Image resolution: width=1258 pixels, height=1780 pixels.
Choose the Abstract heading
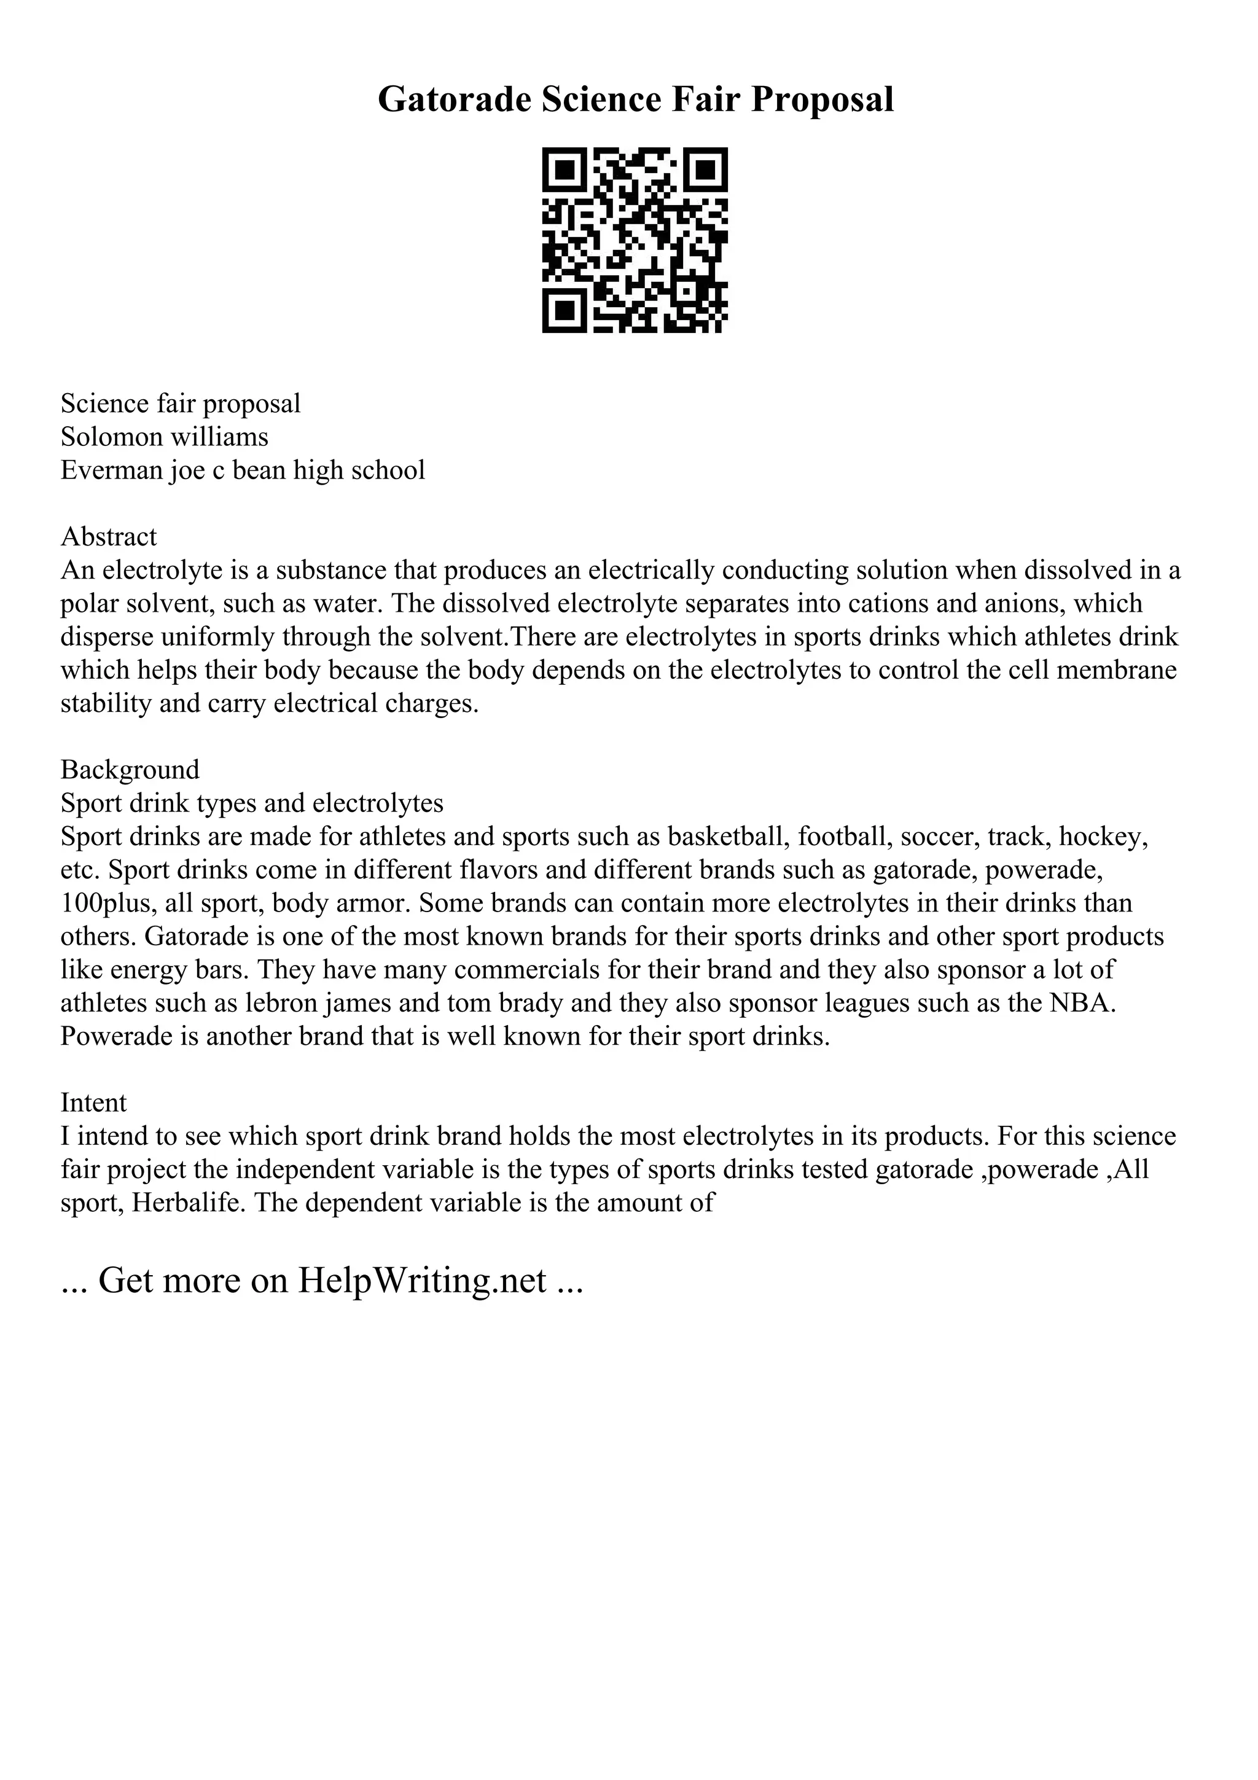point(109,536)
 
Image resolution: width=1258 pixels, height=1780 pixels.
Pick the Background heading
point(130,769)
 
